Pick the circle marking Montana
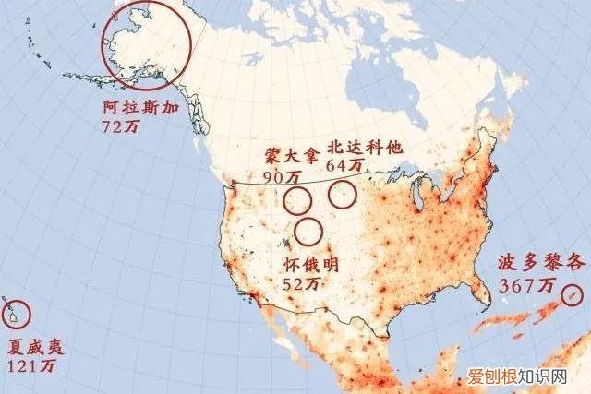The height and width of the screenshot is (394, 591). (297, 198)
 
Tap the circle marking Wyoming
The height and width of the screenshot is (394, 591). (308, 231)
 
